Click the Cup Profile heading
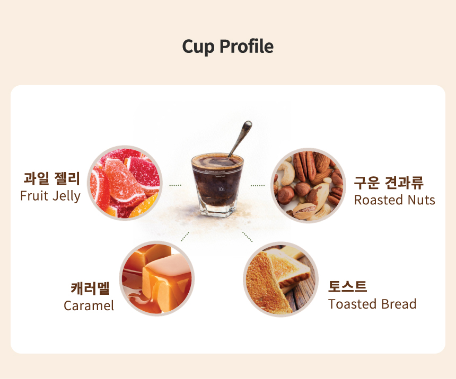pyautogui.click(x=227, y=47)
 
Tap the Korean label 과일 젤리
pyautogui.click(x=51, y=178)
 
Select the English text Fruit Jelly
pyautogui.click(x=50, y=196)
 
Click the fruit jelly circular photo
pyautogui.click(x=125, y=183)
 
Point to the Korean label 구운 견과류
pyautogui.click(x=389, y=183)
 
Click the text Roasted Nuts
pyautogui.click(x=394, y=200)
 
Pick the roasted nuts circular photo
pyautogui.click(x=309, y=185)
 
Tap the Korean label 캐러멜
pyautogui.click(x=90, y=288)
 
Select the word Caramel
pyautogui.click(x=89, y=305)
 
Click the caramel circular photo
pyautogui.click(x=157, y=278)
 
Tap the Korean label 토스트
pyautogui.click(x=347, y=286)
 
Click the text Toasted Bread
pyautogui.click(x=372, y=304)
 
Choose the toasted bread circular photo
pyautogui.click(x=281, y=279)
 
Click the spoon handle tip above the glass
pyautogui.click(x=248, y=125)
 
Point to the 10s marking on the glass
pyautogui.click(x=221, y=189)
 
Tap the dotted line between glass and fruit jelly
pyautogui.click(x=175, y=185)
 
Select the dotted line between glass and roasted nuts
pyautogui.click(x=258, y=185)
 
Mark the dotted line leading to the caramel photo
pyautogui.click(x=185, y=237)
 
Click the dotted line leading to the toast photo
pyautogui.click(x=248, y=237)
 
